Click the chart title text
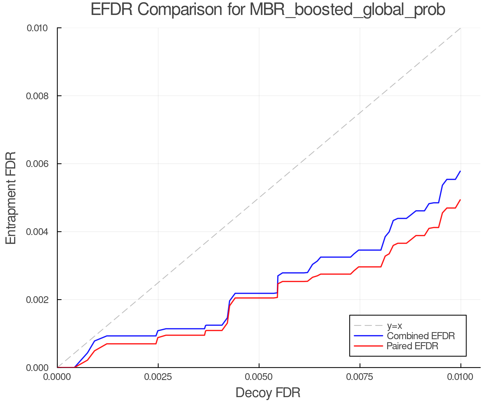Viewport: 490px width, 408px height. click(x=268, y=10)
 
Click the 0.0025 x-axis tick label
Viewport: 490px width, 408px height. click(x=158, y=377)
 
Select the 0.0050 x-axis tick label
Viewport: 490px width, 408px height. click(x=259, y=377)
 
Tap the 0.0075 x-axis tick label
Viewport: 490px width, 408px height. click(x=360, y=377)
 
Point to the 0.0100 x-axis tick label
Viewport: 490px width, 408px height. click(x=461, y=377)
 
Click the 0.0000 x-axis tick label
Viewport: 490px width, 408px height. click(x=57, y=377)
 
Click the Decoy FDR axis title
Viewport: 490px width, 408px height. click(x=268, y=393)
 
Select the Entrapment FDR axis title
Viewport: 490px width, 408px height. click(x=11, y=198)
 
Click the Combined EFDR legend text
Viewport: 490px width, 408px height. click(x=421, y=336)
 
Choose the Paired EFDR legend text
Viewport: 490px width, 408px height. click(x=412, y=346)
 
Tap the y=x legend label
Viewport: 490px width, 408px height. click(x=394, y=326)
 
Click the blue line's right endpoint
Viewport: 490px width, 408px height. click(x=460, y=171)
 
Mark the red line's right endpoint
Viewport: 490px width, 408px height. click(x=460, y=200)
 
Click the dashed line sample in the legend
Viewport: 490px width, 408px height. click(x=368, y=326)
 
